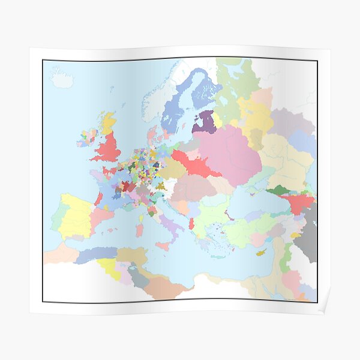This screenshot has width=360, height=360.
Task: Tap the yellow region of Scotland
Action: [108, 123]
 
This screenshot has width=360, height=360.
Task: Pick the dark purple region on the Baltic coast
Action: [204, 122]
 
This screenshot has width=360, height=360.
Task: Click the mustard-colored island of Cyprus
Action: [262, 253]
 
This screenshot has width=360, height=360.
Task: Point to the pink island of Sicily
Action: [163, 246]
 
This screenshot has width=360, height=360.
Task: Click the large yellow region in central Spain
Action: [75, 216]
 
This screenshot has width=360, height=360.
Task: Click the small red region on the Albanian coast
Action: [191, 223]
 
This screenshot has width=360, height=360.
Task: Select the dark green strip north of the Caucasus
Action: [278, 191]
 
